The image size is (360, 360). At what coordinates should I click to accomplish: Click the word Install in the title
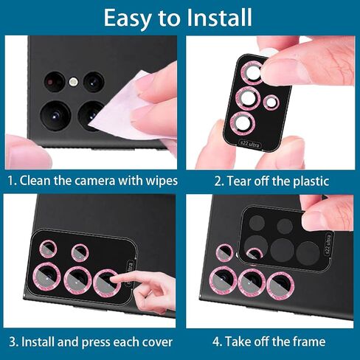coord(219,18)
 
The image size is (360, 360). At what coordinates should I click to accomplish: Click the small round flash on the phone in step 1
coord(73,82)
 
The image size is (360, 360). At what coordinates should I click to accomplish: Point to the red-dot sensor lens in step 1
coord(55,82)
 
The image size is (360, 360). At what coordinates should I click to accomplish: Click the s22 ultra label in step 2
coord(249,144)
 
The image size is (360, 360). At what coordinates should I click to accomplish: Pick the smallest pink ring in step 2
coord(271,102)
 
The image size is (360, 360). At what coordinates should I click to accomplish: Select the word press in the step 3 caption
coord(95,342)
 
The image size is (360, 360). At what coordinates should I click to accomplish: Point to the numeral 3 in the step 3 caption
coord(12,342)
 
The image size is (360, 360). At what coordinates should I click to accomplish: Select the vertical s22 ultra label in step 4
coord(328,245)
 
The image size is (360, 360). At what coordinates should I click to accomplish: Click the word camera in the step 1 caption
coord(94,181)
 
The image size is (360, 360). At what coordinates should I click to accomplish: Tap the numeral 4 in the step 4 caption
coord(216,342)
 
